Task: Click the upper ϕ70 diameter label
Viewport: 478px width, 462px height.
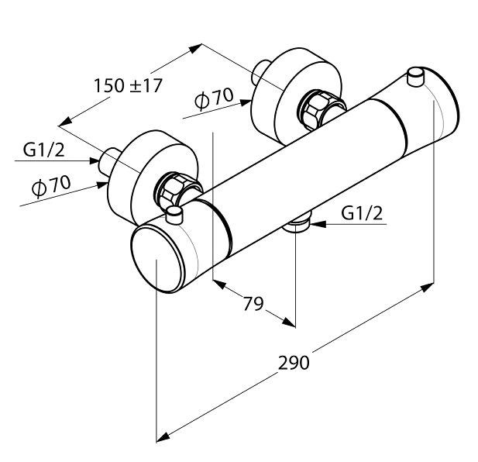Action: tap(214, 98)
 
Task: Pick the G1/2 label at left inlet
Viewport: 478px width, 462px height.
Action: tap(43, 150)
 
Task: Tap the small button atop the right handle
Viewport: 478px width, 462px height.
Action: tap(416, 76)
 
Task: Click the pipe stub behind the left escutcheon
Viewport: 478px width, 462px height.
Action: tap(107, 158)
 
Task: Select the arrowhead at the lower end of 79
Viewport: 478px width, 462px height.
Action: tap(289, 322)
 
